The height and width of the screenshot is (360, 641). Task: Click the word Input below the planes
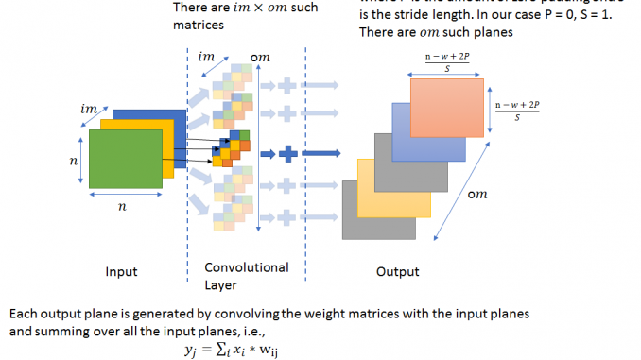pos(121,272)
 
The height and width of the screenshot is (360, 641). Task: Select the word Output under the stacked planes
pos(397,272)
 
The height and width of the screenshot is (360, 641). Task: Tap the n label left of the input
pos(74,162)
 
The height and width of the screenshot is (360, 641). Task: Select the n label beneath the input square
pos(121,207)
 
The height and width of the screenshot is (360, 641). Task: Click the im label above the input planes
pos(88,111)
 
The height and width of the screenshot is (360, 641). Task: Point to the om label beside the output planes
pos(478,195)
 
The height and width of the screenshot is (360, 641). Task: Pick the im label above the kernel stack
pos(206,56)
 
